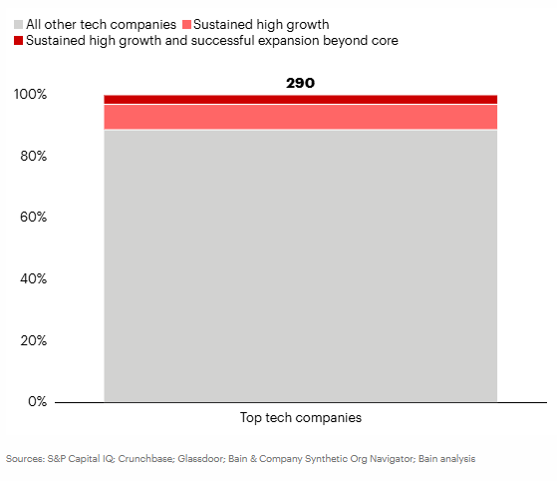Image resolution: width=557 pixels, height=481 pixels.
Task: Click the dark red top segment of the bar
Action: (301, 99)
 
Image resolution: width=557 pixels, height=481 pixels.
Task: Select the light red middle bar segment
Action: (301, 117)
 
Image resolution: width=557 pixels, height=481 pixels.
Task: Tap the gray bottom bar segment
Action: (301, 266)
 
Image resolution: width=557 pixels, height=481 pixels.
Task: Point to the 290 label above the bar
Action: (301, 83)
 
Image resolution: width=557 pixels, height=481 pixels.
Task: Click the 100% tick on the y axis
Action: (30, 94)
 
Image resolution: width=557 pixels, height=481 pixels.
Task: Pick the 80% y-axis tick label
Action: (34, 156)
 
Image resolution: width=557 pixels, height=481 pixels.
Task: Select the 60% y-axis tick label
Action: (34, 217)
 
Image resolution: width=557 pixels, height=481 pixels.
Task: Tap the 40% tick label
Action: (34, 278)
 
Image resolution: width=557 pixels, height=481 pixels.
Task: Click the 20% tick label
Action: (34, 340)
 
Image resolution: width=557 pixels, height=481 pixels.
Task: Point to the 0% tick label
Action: (37, 401)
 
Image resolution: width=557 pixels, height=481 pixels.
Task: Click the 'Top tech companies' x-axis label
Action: (301, 418)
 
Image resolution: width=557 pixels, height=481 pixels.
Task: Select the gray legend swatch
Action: (19, 25)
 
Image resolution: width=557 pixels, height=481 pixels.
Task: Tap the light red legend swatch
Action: (187, 25)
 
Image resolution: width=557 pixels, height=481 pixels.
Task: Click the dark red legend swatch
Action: (19, 41)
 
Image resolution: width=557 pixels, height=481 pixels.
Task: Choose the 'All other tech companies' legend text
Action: (101, 25)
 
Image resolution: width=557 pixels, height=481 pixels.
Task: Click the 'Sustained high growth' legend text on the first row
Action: (261, 25)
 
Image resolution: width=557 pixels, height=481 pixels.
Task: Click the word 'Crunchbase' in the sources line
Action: (146, 459)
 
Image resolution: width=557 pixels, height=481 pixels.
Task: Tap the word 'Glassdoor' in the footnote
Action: (201, 459)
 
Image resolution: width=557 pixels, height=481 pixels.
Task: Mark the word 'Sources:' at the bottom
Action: (25, 459)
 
